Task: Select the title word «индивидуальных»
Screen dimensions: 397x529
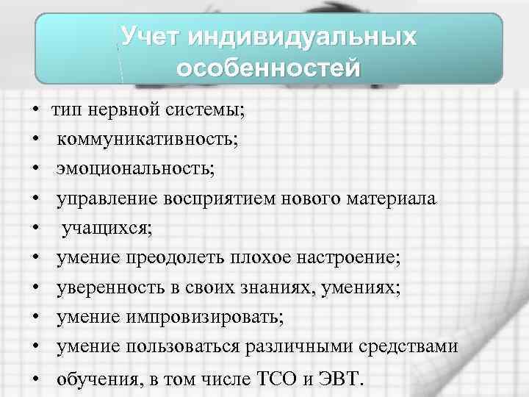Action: point(302,36)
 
